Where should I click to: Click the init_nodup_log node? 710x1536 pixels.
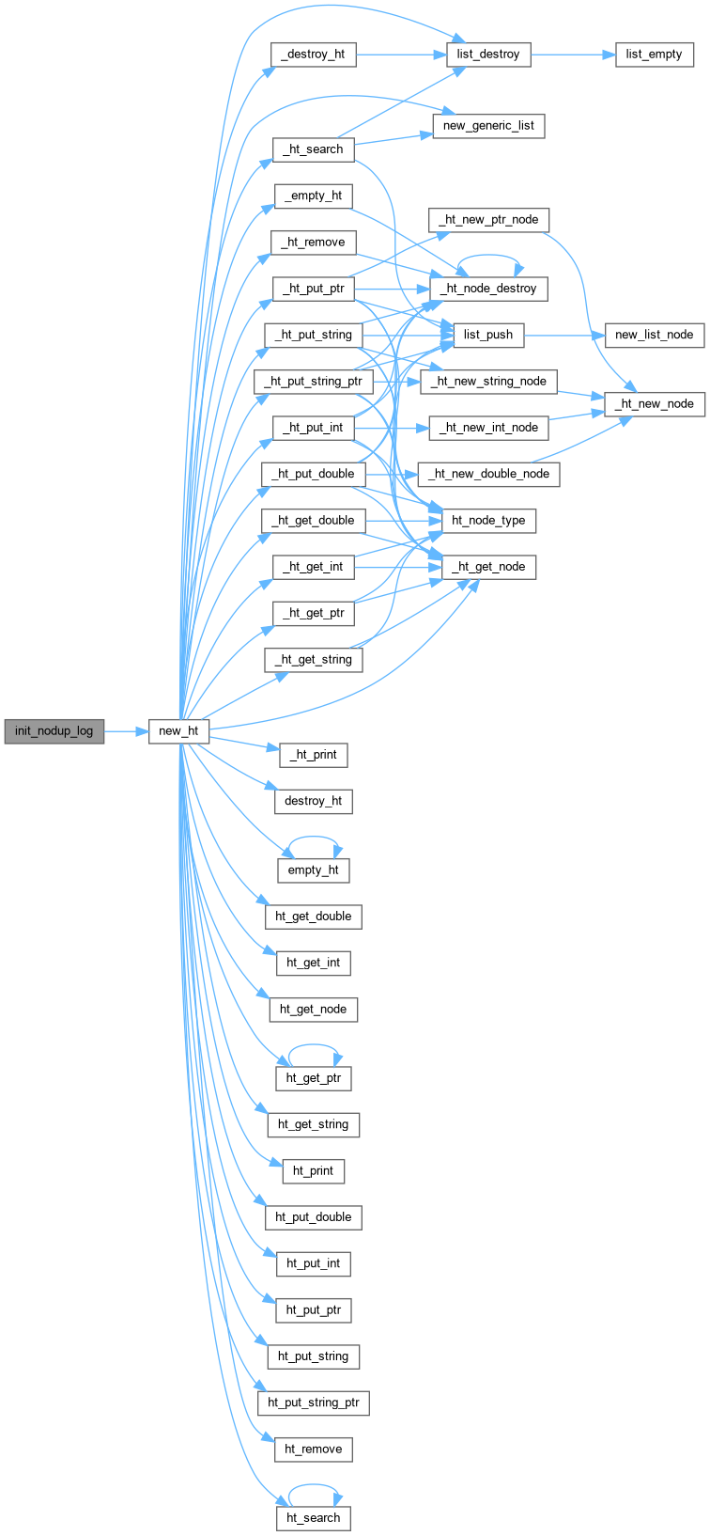[54, 731]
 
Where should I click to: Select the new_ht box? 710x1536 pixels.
[178, 731]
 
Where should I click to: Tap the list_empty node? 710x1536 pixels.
[655, 55]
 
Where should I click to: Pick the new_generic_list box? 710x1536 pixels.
[488, 125]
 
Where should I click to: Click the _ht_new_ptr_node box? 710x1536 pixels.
[488, 219]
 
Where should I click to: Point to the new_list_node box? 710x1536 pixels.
[655, 335]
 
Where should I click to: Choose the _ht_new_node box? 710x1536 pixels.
[655, 404]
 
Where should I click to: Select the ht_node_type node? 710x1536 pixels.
[488, 521]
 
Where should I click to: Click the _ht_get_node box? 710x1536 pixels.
[488, 567]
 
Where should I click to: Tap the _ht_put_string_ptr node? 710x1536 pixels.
[313, 382]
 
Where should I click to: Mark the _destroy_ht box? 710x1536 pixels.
[313, 55]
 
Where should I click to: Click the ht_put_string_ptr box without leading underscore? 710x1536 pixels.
[313, 1403]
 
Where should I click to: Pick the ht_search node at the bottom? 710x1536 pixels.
[313, 1517]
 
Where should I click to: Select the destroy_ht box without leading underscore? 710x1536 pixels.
[313, 801]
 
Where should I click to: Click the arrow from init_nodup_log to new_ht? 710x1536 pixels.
[126, 731]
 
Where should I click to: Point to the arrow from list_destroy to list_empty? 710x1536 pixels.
[573, 55]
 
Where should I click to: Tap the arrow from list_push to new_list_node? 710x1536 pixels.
[564, 335]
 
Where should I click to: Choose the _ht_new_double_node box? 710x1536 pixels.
[488, 474]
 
